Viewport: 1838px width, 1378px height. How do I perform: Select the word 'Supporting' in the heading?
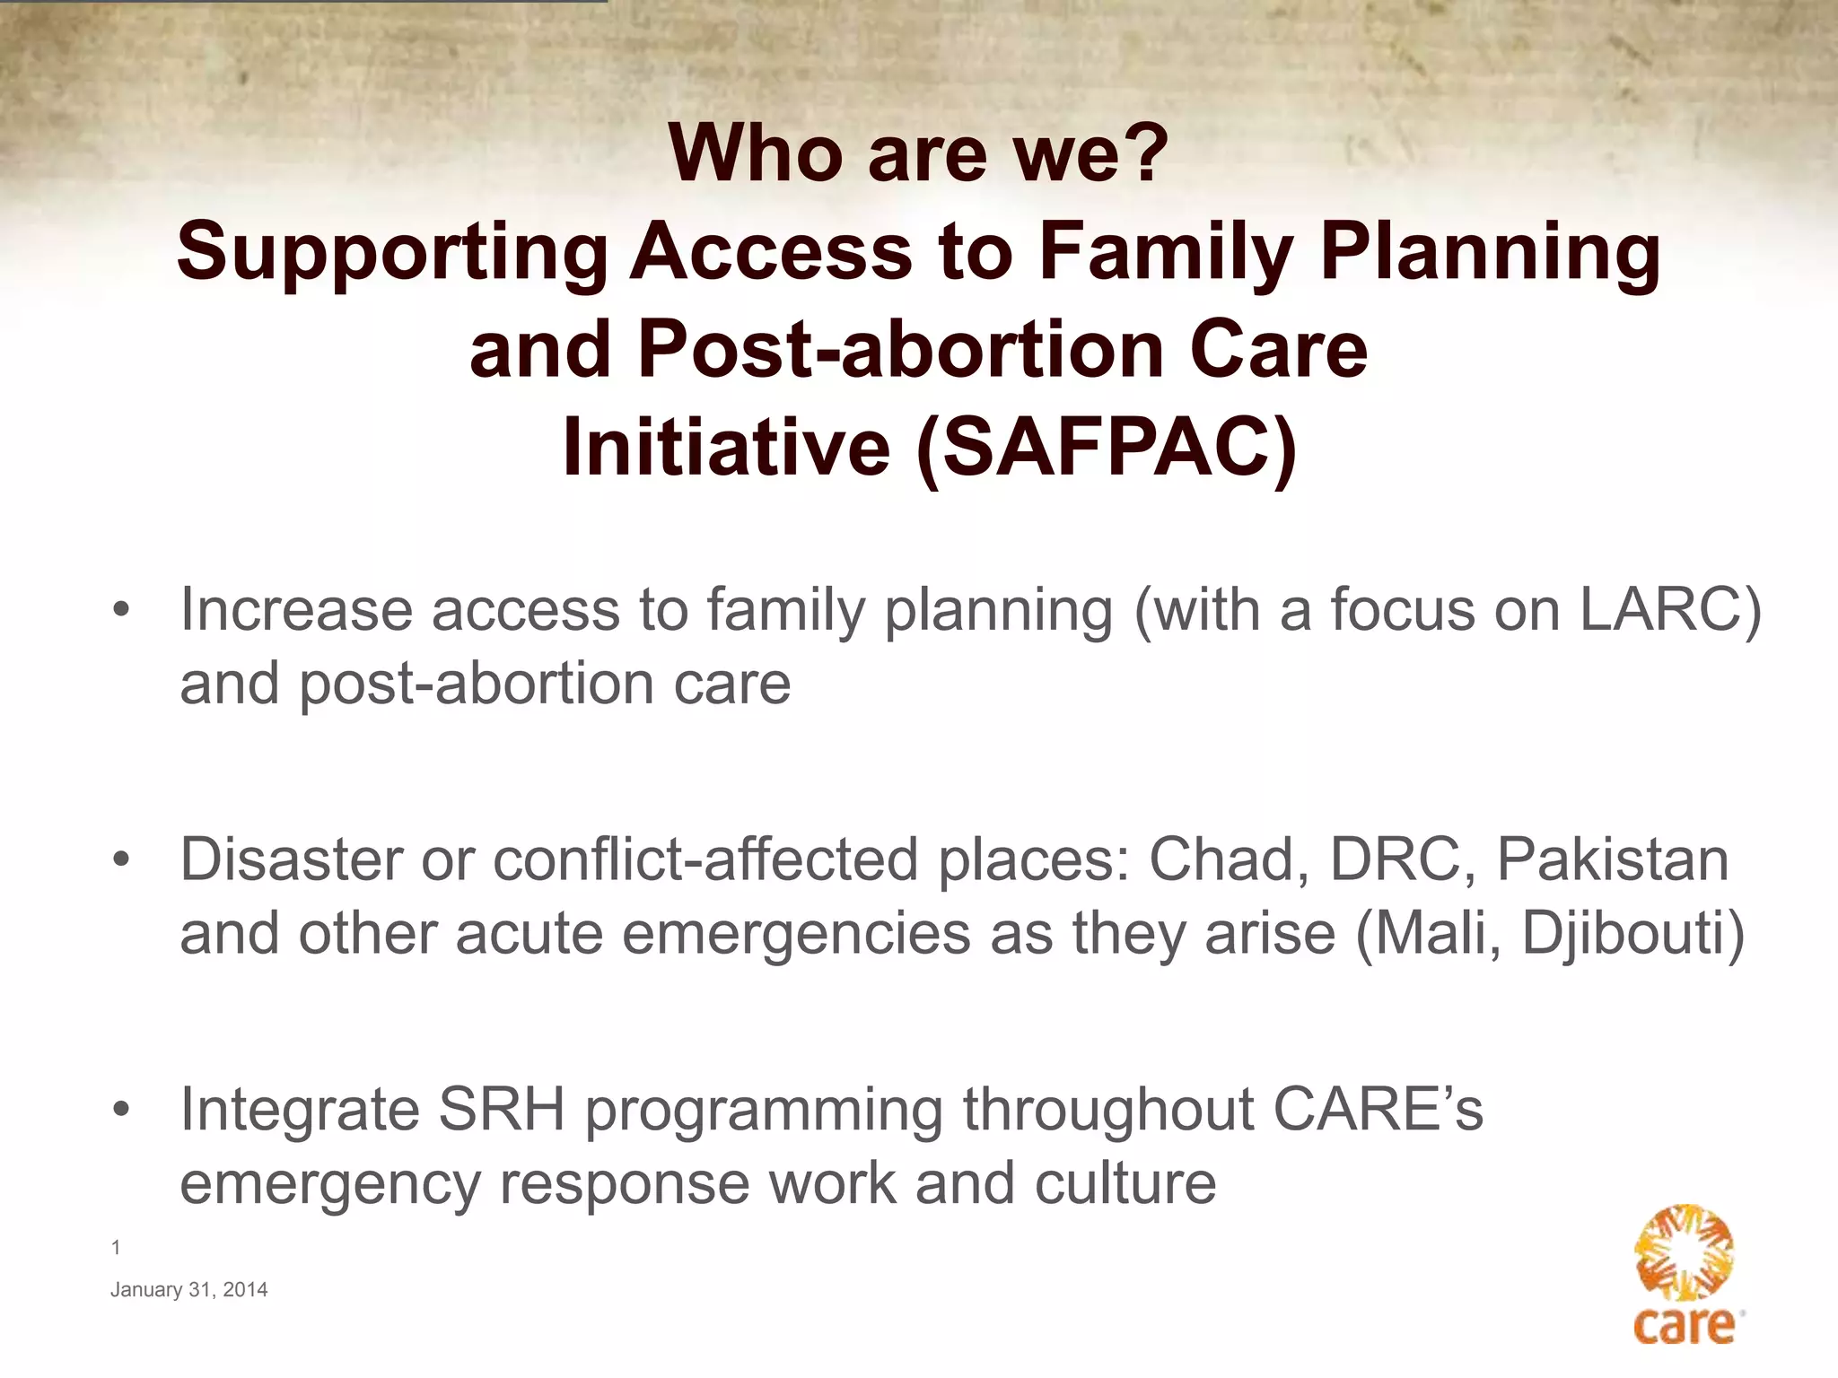(393, 252)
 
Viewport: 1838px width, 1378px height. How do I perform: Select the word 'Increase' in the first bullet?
(296, 610)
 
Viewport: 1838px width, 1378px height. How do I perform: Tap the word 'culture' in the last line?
(1125, 1183)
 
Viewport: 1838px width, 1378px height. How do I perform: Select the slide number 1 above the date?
(116, 1247)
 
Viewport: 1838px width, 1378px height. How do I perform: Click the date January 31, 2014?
(188, 1290)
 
